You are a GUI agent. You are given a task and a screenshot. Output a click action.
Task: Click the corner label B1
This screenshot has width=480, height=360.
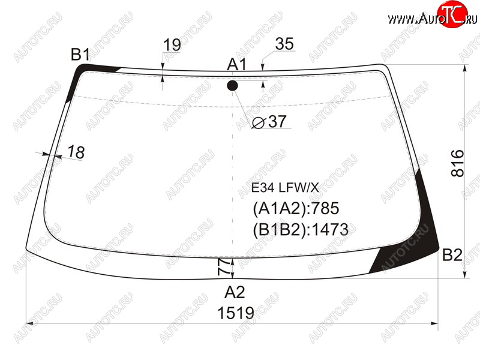80,55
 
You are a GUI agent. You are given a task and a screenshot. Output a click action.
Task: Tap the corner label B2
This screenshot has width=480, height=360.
452,254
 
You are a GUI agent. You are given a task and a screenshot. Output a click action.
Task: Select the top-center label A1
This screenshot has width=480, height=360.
237,65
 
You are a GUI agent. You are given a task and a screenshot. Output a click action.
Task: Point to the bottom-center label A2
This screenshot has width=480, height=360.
235,292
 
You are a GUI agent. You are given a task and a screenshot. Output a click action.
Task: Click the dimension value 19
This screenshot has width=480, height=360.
172,45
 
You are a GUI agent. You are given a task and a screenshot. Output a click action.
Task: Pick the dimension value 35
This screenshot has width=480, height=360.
284,44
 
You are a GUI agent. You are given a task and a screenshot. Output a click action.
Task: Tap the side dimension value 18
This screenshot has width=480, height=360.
76,152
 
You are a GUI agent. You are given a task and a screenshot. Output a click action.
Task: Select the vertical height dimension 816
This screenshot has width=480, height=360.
458,163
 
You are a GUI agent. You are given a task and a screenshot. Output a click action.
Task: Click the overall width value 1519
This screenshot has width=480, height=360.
236,313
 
